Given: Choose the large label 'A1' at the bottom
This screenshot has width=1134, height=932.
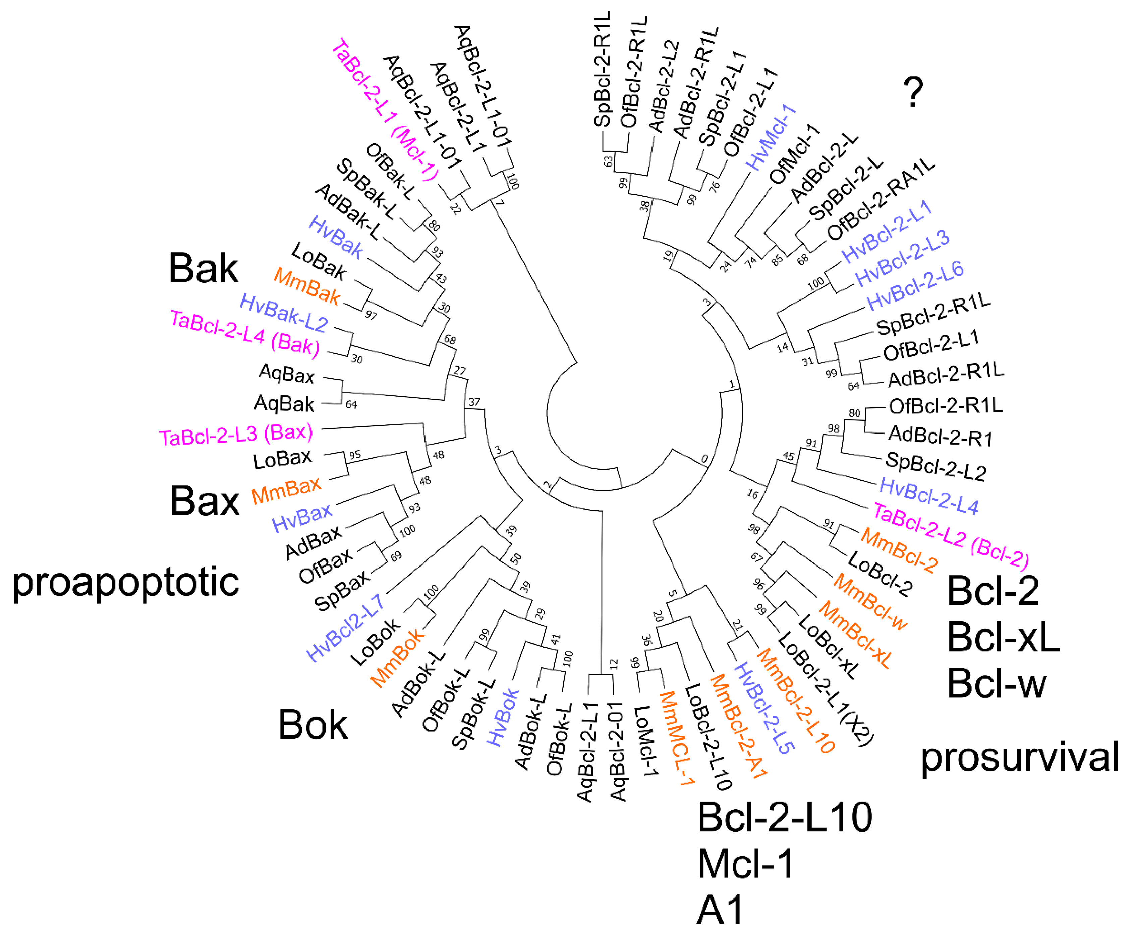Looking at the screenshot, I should click(x=720, y=910).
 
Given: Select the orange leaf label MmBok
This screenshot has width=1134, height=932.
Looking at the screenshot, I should click(x=398, y=658).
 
